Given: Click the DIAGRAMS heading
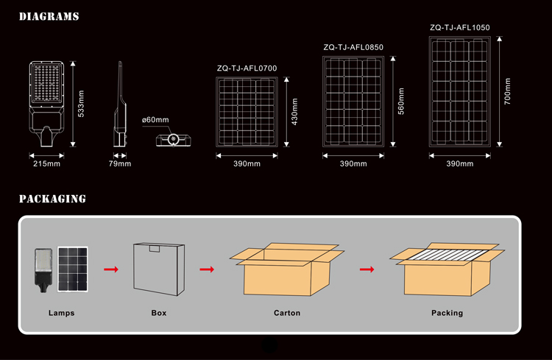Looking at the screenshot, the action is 49,16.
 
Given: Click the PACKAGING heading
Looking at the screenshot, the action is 52,199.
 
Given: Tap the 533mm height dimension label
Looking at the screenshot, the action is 81,104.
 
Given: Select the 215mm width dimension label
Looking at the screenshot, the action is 46,163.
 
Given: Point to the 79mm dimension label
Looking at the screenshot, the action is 120,163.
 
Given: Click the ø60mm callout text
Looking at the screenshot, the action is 155,120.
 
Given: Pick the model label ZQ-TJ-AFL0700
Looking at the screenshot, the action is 247,68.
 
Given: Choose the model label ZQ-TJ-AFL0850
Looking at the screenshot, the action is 353,47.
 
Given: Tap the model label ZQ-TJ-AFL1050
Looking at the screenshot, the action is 460,27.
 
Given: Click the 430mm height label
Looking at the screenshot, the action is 294,112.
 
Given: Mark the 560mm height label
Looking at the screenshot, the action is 401,101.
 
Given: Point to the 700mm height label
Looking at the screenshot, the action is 507,91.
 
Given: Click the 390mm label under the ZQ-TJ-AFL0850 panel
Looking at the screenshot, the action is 353,163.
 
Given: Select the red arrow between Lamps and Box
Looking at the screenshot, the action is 111,269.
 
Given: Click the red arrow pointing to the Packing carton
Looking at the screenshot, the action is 367,269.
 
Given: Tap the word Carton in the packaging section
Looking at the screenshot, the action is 287,313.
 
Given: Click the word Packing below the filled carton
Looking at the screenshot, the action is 447,313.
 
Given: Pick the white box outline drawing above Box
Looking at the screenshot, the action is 159,269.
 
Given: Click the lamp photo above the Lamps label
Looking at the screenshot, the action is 43,270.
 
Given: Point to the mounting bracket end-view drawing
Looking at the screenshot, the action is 174,140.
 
